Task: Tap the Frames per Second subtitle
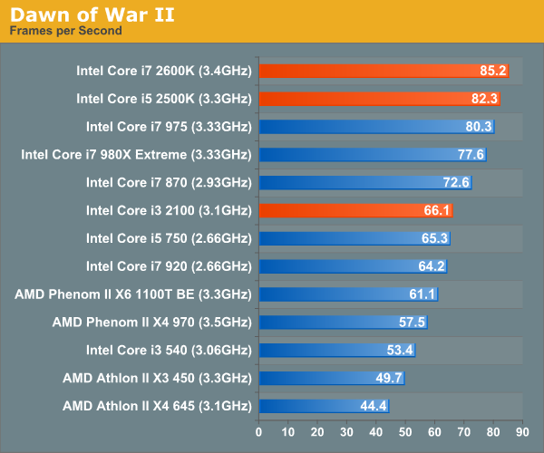click(x=65, y=31)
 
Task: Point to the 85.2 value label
click(x=493, y=70)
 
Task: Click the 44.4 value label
click(x=374, y=406)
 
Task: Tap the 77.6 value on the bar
click(x=471, y=154)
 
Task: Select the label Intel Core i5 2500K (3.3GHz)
click(x=163, y=98)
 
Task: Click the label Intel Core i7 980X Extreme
click(x=136, y=154)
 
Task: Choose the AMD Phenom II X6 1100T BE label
click(x=132, y=294)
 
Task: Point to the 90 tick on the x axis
click(x=522, y=432)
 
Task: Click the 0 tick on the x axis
click(x=259, y=432)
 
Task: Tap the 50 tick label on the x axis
click(x=405, y=432)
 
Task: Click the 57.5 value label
click(x=412, y=322)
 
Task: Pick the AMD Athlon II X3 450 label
click(x=156, y=378)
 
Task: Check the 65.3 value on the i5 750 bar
click(x=435, y=238)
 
